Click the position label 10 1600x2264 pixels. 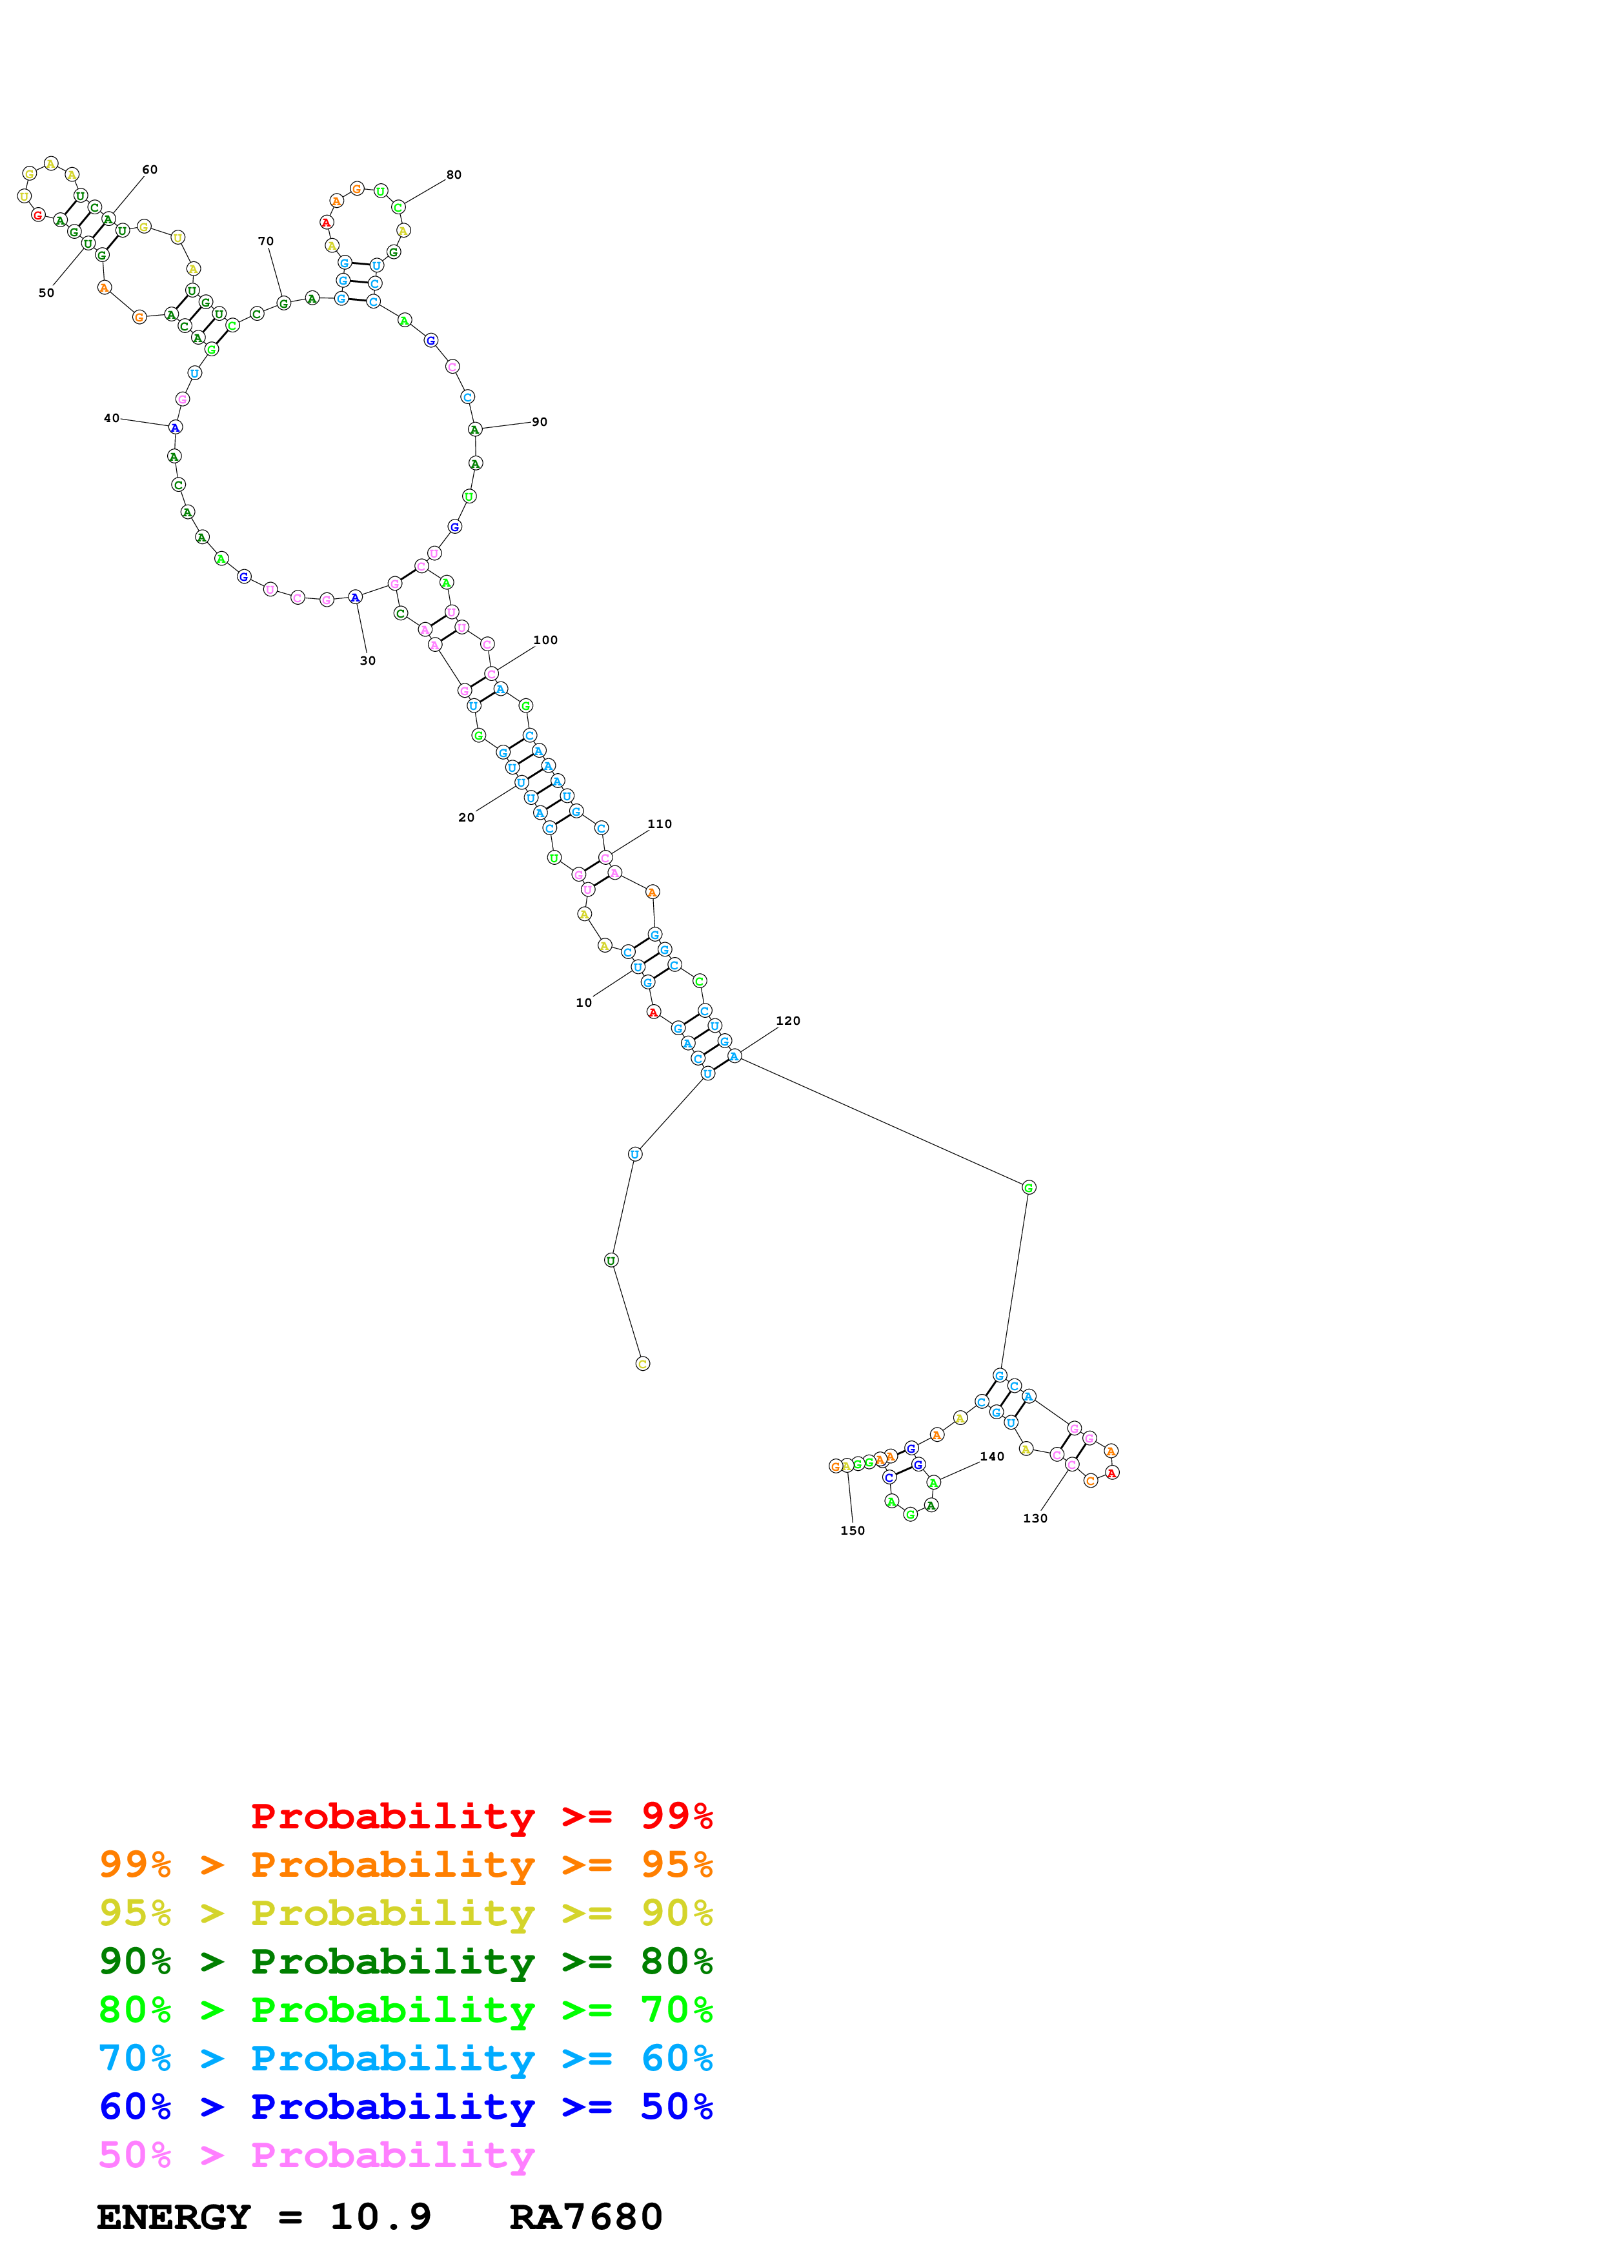(x=583, y=1003)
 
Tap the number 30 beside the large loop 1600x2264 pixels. (x=368, y=661)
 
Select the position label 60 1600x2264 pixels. (x=150, y=170)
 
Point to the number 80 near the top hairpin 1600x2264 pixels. (x=454, y=174)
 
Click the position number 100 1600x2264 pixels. (x=545, y=640)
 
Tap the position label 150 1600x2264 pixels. (x=853, y=1530)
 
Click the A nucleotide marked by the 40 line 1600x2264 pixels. (x=174, y=428)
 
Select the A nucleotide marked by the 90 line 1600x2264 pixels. (x=474, y=430)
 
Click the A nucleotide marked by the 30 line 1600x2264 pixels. (x=355, y=596)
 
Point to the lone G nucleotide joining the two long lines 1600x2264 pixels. (x=1028, y=1188)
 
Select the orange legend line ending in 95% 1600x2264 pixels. (x=405, y=1865)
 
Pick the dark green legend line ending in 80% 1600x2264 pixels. (x=405, y=1961)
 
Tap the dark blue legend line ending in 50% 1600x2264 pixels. (x=405, y=2107)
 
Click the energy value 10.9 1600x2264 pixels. (x=381, y=2217)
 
